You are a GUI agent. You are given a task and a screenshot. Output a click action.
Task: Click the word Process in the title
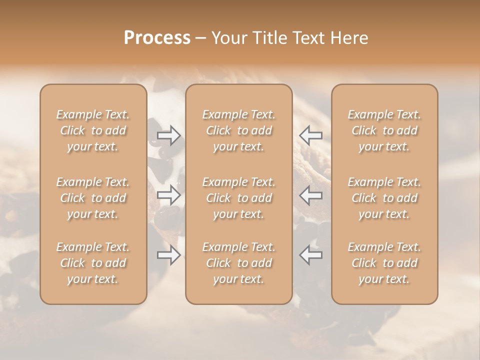pos(157,38)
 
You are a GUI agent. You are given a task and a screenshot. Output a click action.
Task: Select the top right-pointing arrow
pos(168,135)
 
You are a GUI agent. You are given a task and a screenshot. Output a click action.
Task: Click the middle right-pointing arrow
pos(168,194)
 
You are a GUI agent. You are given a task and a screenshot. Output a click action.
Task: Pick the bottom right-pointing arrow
pos(168,255)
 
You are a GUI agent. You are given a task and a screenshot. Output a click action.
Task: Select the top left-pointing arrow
pos(311,135)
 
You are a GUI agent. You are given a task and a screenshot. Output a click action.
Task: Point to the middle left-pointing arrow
pos(311,194)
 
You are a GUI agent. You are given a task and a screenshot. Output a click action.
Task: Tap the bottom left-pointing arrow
pos(311,255)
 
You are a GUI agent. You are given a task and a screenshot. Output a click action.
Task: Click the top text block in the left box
pos(93,130)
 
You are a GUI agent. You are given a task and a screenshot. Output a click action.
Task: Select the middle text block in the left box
pos(93,198)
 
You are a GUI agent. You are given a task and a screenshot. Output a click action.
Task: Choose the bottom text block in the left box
pos(93,263)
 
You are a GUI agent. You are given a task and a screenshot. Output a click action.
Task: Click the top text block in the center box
pos(239,130)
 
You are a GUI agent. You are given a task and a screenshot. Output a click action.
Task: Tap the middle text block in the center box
pos(239,198)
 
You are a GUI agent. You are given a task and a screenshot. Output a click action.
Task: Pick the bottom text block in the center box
pos(239,263)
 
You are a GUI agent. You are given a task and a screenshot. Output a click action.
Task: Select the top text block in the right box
pos(384,130)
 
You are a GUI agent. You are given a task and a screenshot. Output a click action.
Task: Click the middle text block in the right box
pos(384,198)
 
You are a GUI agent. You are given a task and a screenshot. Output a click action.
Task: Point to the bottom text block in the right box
pos(384,263)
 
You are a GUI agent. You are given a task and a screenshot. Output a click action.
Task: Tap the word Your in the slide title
pos(228,38)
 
